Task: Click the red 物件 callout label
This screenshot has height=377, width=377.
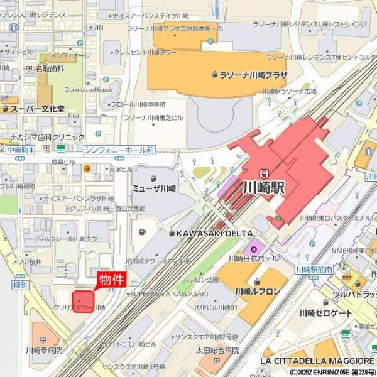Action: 111,280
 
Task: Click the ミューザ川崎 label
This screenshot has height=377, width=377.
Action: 153,188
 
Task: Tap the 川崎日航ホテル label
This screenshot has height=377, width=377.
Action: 254,258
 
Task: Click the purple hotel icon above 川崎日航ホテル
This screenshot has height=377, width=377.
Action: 254,246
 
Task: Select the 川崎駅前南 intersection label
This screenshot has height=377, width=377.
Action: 313,270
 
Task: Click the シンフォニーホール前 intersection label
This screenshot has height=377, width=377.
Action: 119,150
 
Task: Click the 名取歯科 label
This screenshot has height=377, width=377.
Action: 50,68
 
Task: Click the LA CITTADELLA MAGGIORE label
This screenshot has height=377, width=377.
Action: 317,361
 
